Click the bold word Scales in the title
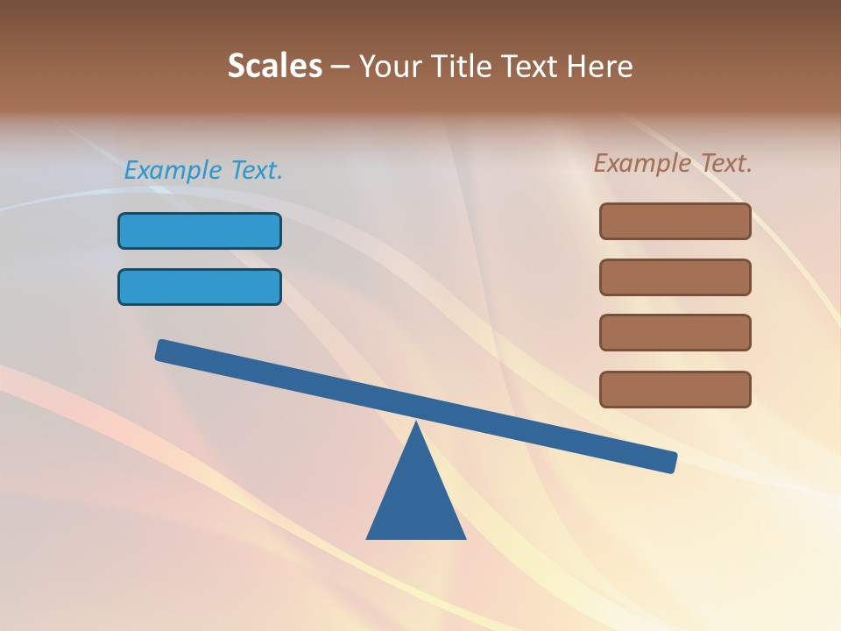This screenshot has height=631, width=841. tap(274, 66)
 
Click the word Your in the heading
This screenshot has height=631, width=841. tap(390, 66)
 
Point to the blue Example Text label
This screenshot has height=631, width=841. tap(203, 170)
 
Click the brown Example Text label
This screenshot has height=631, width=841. tap(673, 163)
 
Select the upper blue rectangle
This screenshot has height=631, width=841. tap(200, 230)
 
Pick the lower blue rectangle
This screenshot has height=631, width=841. tap(200, 287)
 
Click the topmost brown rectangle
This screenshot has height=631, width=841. tap(675, 221)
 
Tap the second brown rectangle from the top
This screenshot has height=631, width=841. tap(675, 277)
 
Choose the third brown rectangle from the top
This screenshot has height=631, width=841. tap(675, 332)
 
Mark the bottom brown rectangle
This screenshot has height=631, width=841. tap(675, 389)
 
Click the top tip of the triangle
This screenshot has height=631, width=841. tap(416, 426)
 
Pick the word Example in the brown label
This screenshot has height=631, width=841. tap(641, 163)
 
